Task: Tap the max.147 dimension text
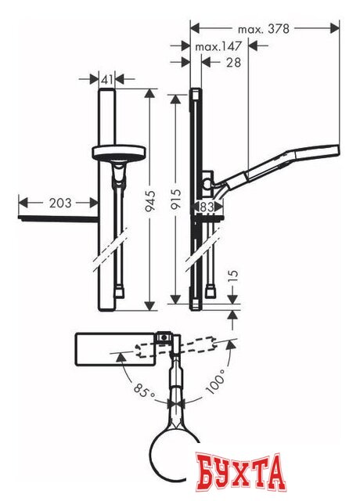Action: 217,47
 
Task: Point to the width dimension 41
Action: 109,78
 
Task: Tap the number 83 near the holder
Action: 207,207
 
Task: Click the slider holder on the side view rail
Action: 207,185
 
